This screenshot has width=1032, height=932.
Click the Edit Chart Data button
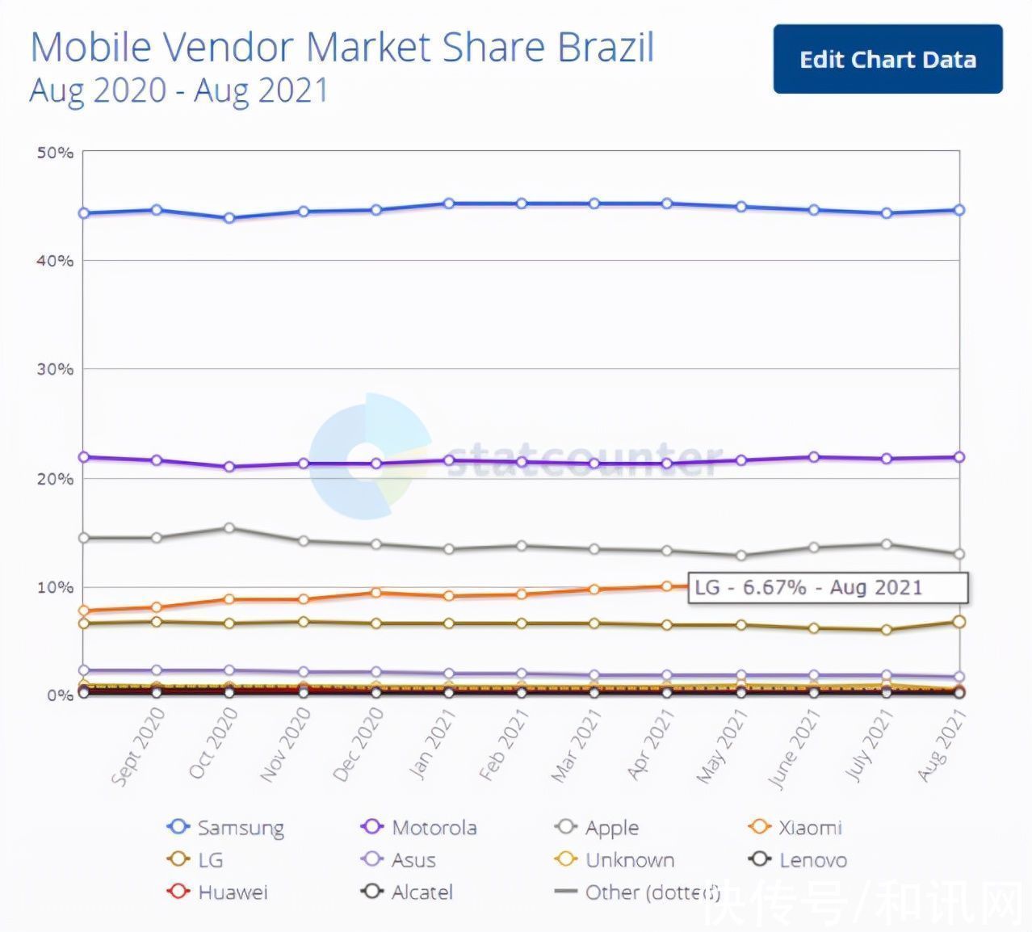[x=887, y=60]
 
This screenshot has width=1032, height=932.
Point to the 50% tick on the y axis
[x=55, y=152]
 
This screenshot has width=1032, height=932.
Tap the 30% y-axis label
[x=55, y=369]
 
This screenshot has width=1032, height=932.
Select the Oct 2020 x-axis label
[x=214, y=743]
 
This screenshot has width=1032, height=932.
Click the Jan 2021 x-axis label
[x=434, y=743]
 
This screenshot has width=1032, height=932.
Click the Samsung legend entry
[x=226, y=828]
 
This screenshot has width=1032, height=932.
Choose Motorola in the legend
[x=420, y=828]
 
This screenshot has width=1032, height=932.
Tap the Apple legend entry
[x=598, y=828]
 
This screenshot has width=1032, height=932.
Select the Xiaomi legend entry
[x=796, y=828]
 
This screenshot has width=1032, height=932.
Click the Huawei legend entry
[x=218, y=892]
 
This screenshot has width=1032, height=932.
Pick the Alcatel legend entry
[x=408, y=892]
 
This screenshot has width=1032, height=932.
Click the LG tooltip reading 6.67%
[x=827, y=587]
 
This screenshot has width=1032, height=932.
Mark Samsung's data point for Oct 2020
[x=229, y=218]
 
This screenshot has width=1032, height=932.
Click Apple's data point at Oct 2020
[x=229, y=528]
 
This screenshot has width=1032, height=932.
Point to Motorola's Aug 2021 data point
[x=959, y=457]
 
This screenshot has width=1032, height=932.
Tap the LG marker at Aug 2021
[x=959, y=622]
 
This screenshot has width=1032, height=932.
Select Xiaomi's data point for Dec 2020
[x=376, y=593]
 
